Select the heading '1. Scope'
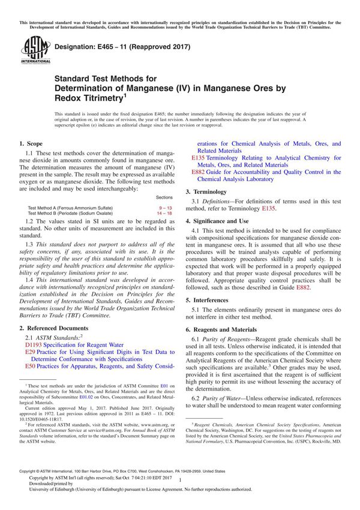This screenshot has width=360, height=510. pos(31,144)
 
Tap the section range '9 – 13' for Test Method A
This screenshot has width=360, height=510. pos(164,207)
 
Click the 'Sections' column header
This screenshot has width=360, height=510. pos(164,197)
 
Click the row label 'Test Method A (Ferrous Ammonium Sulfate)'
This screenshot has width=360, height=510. pos(70,207)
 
